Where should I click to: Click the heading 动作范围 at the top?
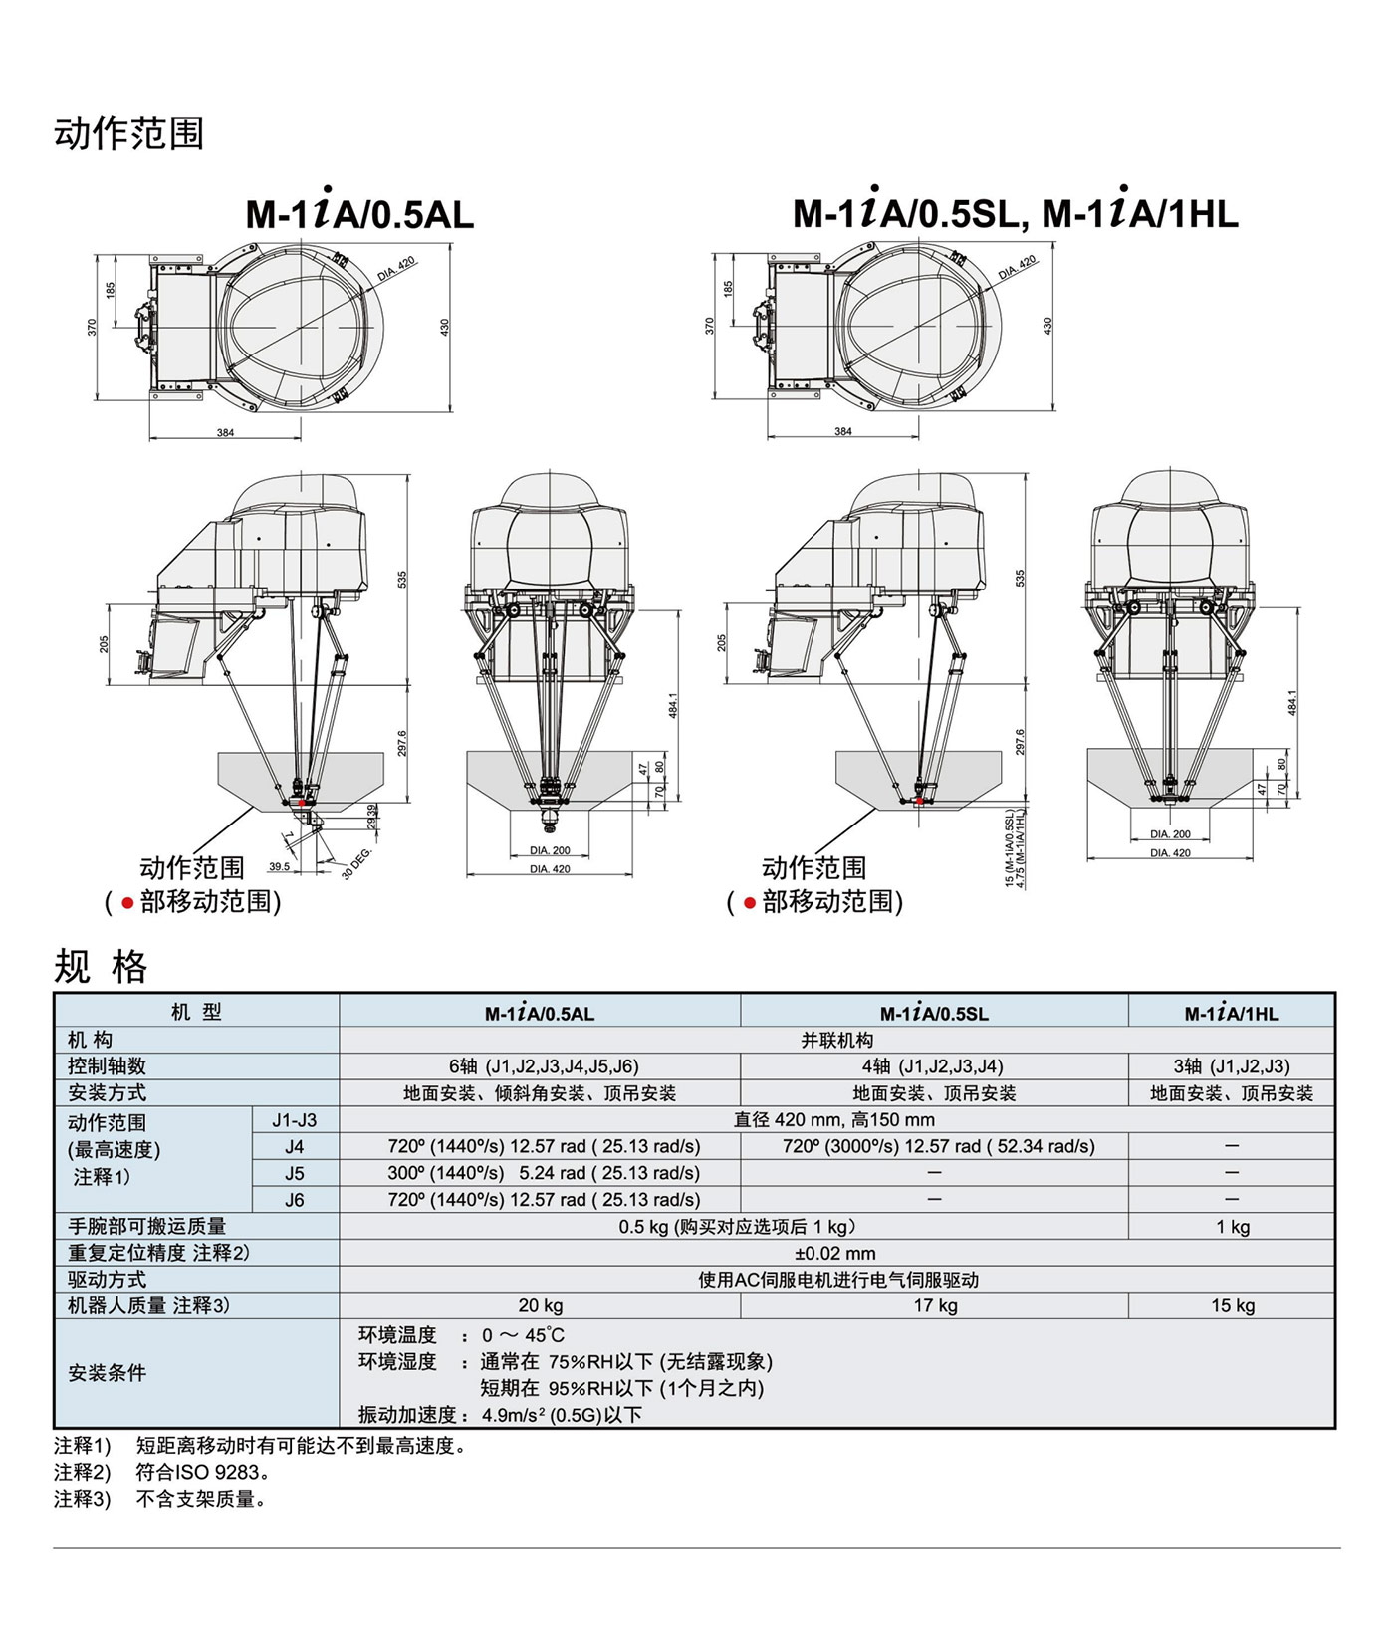pyautogui.click(x=129, y=133)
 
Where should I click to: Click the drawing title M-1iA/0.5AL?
pyautogui.click(x=359, y=212)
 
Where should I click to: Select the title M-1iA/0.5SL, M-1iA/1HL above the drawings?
pyautogui.click(x=1015, y=212)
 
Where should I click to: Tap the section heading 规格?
pyautogui.click(x=101, y=966)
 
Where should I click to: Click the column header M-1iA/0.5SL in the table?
pyautogui.click(x=933, y=1013)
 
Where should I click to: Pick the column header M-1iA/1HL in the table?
pyautogui.click(x=1231, y=1013)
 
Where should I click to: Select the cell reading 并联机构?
pyautogui.click(x=836, y=1040)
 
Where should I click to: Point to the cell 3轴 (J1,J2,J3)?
pyautogui.click(x=1231, y=1066)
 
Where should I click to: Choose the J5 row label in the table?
pyautogui.click(x=295, y=1173)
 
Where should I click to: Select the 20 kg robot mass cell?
pyautogui.click(x=540, y=1305)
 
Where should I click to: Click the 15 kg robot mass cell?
pyautogui.click(x=1232, y=1305)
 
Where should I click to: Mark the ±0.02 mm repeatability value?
pyautogui.click(x=835, y=1253)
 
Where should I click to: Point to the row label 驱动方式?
pyautogui.click(x=107, y=1280)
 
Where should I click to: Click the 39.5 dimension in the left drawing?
pyautogui.click(x=280, y=866)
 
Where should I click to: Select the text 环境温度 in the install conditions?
pyautogui.click(x=397, y=1334)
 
